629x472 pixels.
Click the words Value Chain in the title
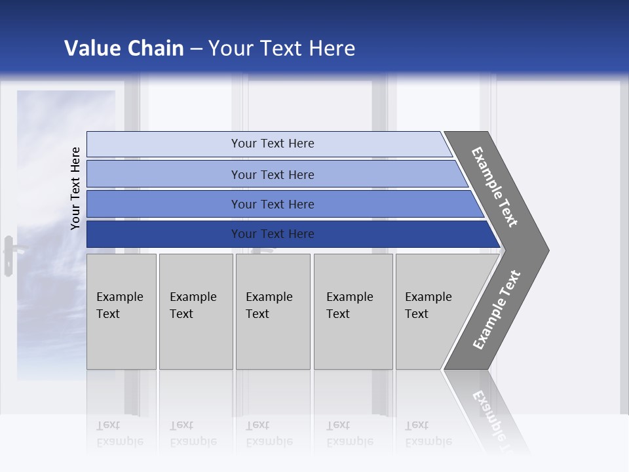pos(124,49)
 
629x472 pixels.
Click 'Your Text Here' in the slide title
pos(282,49)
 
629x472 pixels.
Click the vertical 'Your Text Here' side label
pos(76,188)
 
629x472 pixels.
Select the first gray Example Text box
pos(121,311)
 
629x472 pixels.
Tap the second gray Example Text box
pos(196,311)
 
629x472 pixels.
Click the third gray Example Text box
pos(273,311)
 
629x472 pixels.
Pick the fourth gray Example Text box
pos(353,311)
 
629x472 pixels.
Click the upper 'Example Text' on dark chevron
pos(495,187)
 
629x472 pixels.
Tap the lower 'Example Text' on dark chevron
pos(497,310)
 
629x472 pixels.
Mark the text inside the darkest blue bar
pos(273,234)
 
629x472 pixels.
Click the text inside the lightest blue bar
pos(273,144)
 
